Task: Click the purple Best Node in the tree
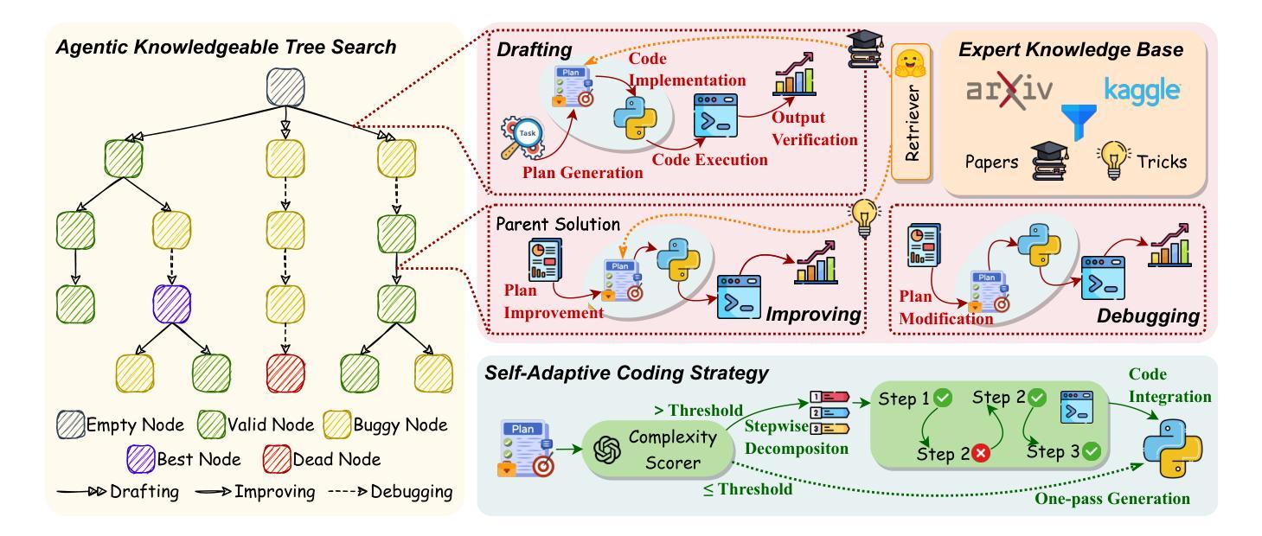(172, 304)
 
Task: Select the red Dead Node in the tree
(285, 373)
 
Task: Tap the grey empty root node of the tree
(285, 87)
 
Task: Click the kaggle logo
(1142, 90)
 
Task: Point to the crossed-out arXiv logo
(1009, 90)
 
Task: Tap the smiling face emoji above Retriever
(911, 64)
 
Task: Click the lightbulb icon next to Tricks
(1113, 161)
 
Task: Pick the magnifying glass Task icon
(522, 138)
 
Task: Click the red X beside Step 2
(981, 453)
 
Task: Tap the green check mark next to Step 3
(1092, 451)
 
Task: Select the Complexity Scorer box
(657, 450)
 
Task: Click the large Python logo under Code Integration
(1172, 449)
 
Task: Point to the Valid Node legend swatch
(211, 424)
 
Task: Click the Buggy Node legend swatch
(337, 424)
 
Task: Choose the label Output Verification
(815, 128)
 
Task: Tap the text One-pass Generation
(1112, 498)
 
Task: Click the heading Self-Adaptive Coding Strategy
(626, 373)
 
